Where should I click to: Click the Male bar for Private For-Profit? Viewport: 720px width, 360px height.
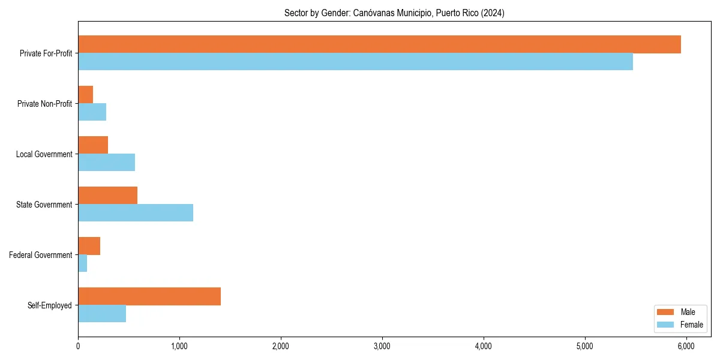coord(379,44)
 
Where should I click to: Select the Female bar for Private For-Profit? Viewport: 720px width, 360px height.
coord(355,61)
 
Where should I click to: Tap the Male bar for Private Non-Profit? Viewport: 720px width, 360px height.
coord(85,95)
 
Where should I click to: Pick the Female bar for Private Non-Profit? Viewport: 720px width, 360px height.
coord(92,112)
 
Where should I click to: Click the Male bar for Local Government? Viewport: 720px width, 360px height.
coord(93,145)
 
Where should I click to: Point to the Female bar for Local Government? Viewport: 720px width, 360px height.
coord(106,162)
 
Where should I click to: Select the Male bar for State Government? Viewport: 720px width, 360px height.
coord(107,196)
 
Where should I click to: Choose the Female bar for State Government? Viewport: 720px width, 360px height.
coord(136,212)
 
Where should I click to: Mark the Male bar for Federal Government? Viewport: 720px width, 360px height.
coord(89,246)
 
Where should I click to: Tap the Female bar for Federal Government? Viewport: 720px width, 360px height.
coord(82,263)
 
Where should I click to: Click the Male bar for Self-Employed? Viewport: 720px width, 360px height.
coord(149,296)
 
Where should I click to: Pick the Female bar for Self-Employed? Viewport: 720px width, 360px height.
coord(102,313)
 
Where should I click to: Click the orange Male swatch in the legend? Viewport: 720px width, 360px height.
coord(665,312)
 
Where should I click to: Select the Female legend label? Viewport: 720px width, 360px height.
coord(691,325)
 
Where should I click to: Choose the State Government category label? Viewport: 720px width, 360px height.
coord(44,205)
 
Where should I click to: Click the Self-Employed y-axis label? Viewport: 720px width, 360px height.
coord(50,305)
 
